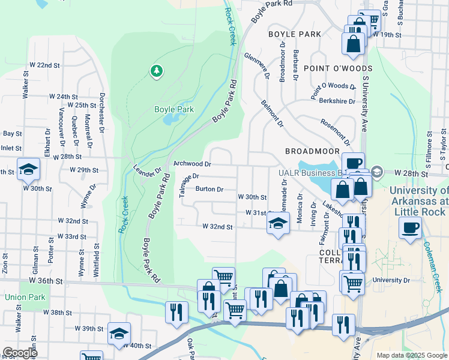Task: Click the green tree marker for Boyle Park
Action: click(157, 71)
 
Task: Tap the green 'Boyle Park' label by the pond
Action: click(173, 110)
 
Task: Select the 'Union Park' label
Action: click(21, 297)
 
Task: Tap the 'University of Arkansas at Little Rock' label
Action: click(419, 201)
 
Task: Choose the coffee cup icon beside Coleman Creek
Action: click(411, 228)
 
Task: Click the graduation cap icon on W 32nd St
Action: click(277, 224)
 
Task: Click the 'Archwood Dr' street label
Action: click(192, 164)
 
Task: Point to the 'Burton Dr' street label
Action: click(209, 189)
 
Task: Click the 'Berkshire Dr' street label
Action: click(333, 101)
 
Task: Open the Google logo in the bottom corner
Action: click(19, 353)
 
